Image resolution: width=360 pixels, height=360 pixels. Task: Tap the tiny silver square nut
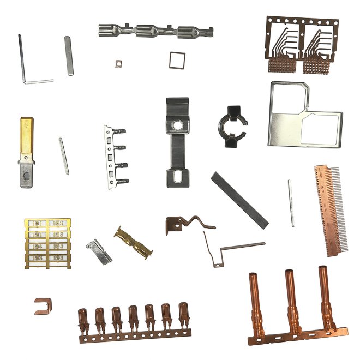117,63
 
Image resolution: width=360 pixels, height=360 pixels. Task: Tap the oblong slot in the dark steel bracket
178,176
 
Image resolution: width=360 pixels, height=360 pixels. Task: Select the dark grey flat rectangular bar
239,199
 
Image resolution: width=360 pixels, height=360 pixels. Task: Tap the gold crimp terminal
133,242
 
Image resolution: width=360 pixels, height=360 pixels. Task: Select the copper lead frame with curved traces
301,45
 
